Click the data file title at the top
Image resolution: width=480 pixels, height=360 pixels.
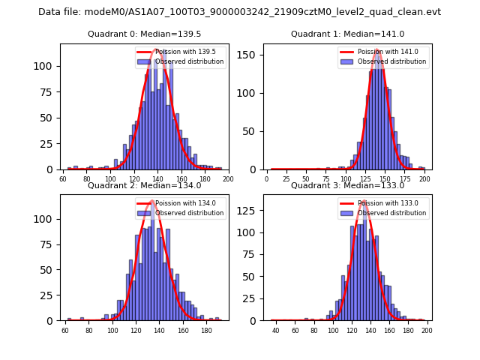pyautogui.click(x=239, y=12)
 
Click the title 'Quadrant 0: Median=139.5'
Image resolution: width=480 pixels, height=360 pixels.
pyautogui.click(x=144, y=34)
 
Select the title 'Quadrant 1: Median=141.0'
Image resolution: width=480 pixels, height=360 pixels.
pyautogui.click(x=347, y=34)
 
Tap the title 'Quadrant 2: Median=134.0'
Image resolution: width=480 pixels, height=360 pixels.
pyautogui.click(x=144, y=185)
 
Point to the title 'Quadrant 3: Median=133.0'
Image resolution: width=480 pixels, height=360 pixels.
pyautogui.click(x=347, y=185)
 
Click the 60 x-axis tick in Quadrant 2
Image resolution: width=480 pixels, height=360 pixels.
pyautogui.click(x=65, y=330)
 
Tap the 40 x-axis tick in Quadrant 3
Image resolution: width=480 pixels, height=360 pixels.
pyautogui.click(x=276, y=330)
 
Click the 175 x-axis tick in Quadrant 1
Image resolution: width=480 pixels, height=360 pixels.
pyautogui.click(x=406, y=179)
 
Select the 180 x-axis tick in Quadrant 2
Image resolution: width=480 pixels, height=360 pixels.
pyautogui.click(x=207, y=330)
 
